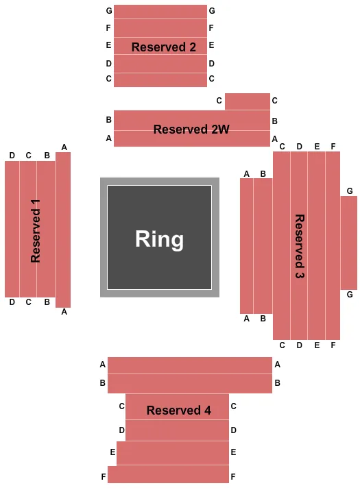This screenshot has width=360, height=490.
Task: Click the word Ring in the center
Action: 159,239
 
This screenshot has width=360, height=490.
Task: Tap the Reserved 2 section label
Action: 164,47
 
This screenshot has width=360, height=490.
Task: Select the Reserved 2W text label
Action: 191,129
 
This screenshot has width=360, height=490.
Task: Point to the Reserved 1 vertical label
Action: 36,232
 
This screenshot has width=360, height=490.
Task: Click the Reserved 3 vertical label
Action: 300,246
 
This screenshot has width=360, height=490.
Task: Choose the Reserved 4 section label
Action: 178,411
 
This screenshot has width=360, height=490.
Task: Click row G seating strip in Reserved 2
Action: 160,12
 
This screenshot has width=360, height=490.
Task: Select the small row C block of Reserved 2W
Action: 247,101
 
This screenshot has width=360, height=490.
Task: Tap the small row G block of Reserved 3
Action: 348,242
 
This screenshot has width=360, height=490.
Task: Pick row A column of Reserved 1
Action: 63,230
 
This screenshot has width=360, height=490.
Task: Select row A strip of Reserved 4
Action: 189,365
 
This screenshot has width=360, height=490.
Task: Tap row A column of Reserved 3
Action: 247,245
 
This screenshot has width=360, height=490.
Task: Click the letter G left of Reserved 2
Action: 108,11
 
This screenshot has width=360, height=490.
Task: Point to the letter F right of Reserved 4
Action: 233,476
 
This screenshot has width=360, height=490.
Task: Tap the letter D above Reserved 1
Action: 12,156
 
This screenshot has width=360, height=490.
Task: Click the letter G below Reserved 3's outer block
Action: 350,295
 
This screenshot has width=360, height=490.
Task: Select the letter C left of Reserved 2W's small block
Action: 219,101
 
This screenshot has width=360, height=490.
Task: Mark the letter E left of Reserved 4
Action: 112,452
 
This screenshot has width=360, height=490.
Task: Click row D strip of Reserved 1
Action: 12,230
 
